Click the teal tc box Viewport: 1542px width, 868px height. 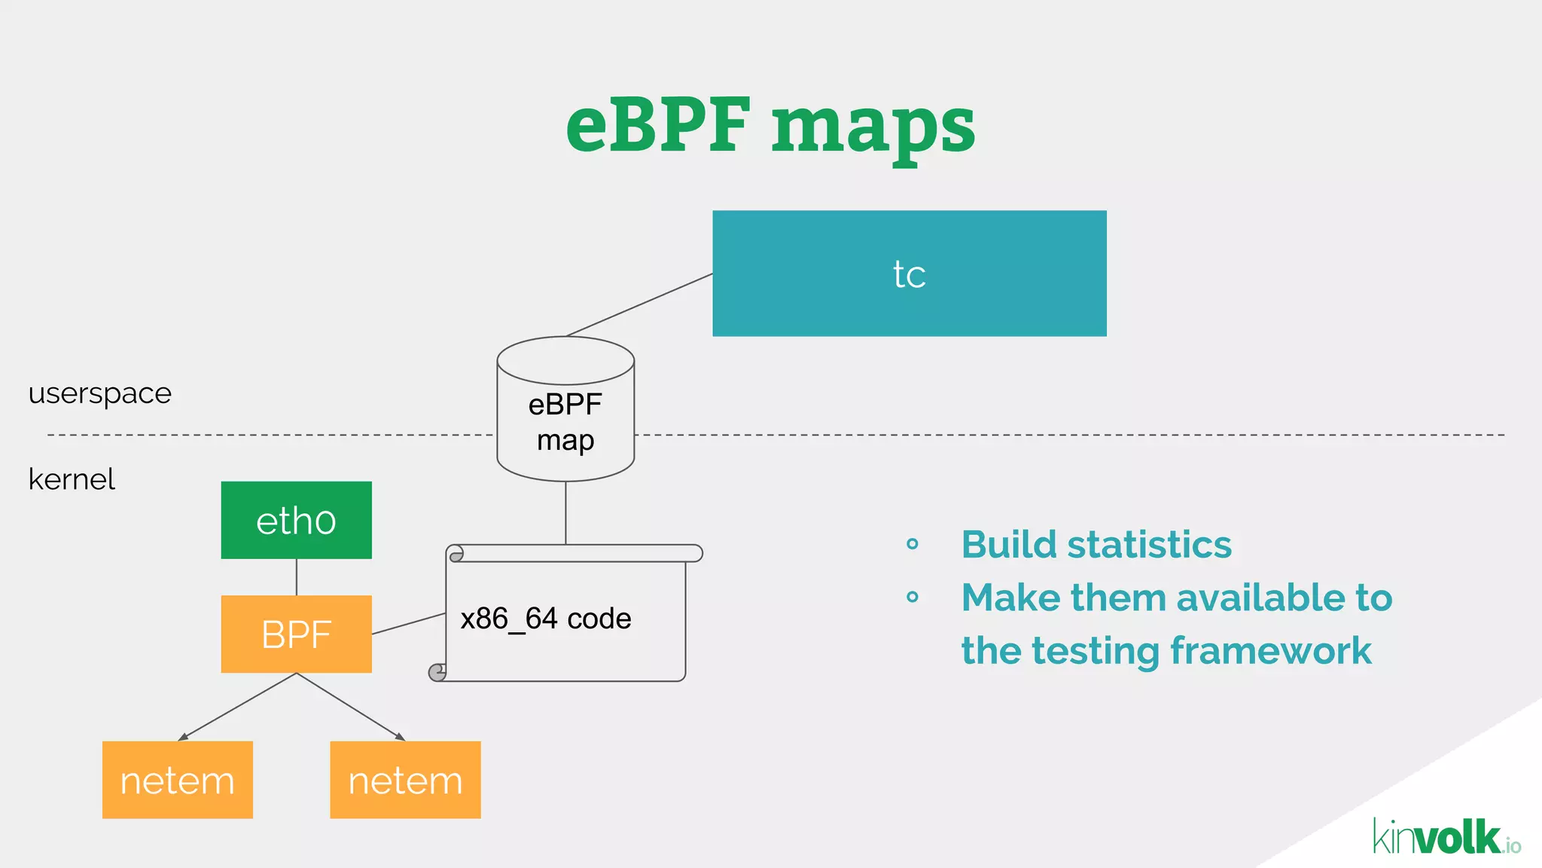909,274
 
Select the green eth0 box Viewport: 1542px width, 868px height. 296,520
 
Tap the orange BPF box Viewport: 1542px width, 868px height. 296,634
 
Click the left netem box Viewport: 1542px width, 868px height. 178,779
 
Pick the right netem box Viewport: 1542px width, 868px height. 405,779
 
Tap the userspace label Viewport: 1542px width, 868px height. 100,393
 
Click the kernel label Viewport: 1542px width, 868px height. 72,479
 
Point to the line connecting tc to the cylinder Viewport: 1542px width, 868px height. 640,304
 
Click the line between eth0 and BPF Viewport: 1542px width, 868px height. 297,577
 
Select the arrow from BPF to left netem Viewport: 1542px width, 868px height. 237,707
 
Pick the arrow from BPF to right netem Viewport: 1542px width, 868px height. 351,707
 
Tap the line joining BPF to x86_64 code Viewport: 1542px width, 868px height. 409,623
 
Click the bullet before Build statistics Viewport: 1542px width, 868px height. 913,544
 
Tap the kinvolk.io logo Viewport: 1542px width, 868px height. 1446,837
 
